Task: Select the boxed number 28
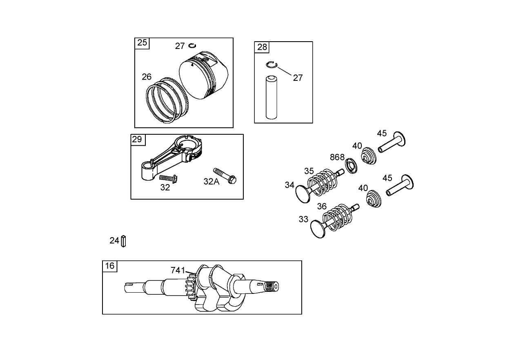(262, 47)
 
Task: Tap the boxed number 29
(137, 140)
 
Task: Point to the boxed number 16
(109, 266)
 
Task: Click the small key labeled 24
(124, 241)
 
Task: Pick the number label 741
(178, 270)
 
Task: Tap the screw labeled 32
(167, 178)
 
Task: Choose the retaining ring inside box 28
(272, 64)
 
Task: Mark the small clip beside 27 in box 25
(193, 45)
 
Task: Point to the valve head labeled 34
(304, 193)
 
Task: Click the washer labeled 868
(351, 166)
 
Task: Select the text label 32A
(211, 182)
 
